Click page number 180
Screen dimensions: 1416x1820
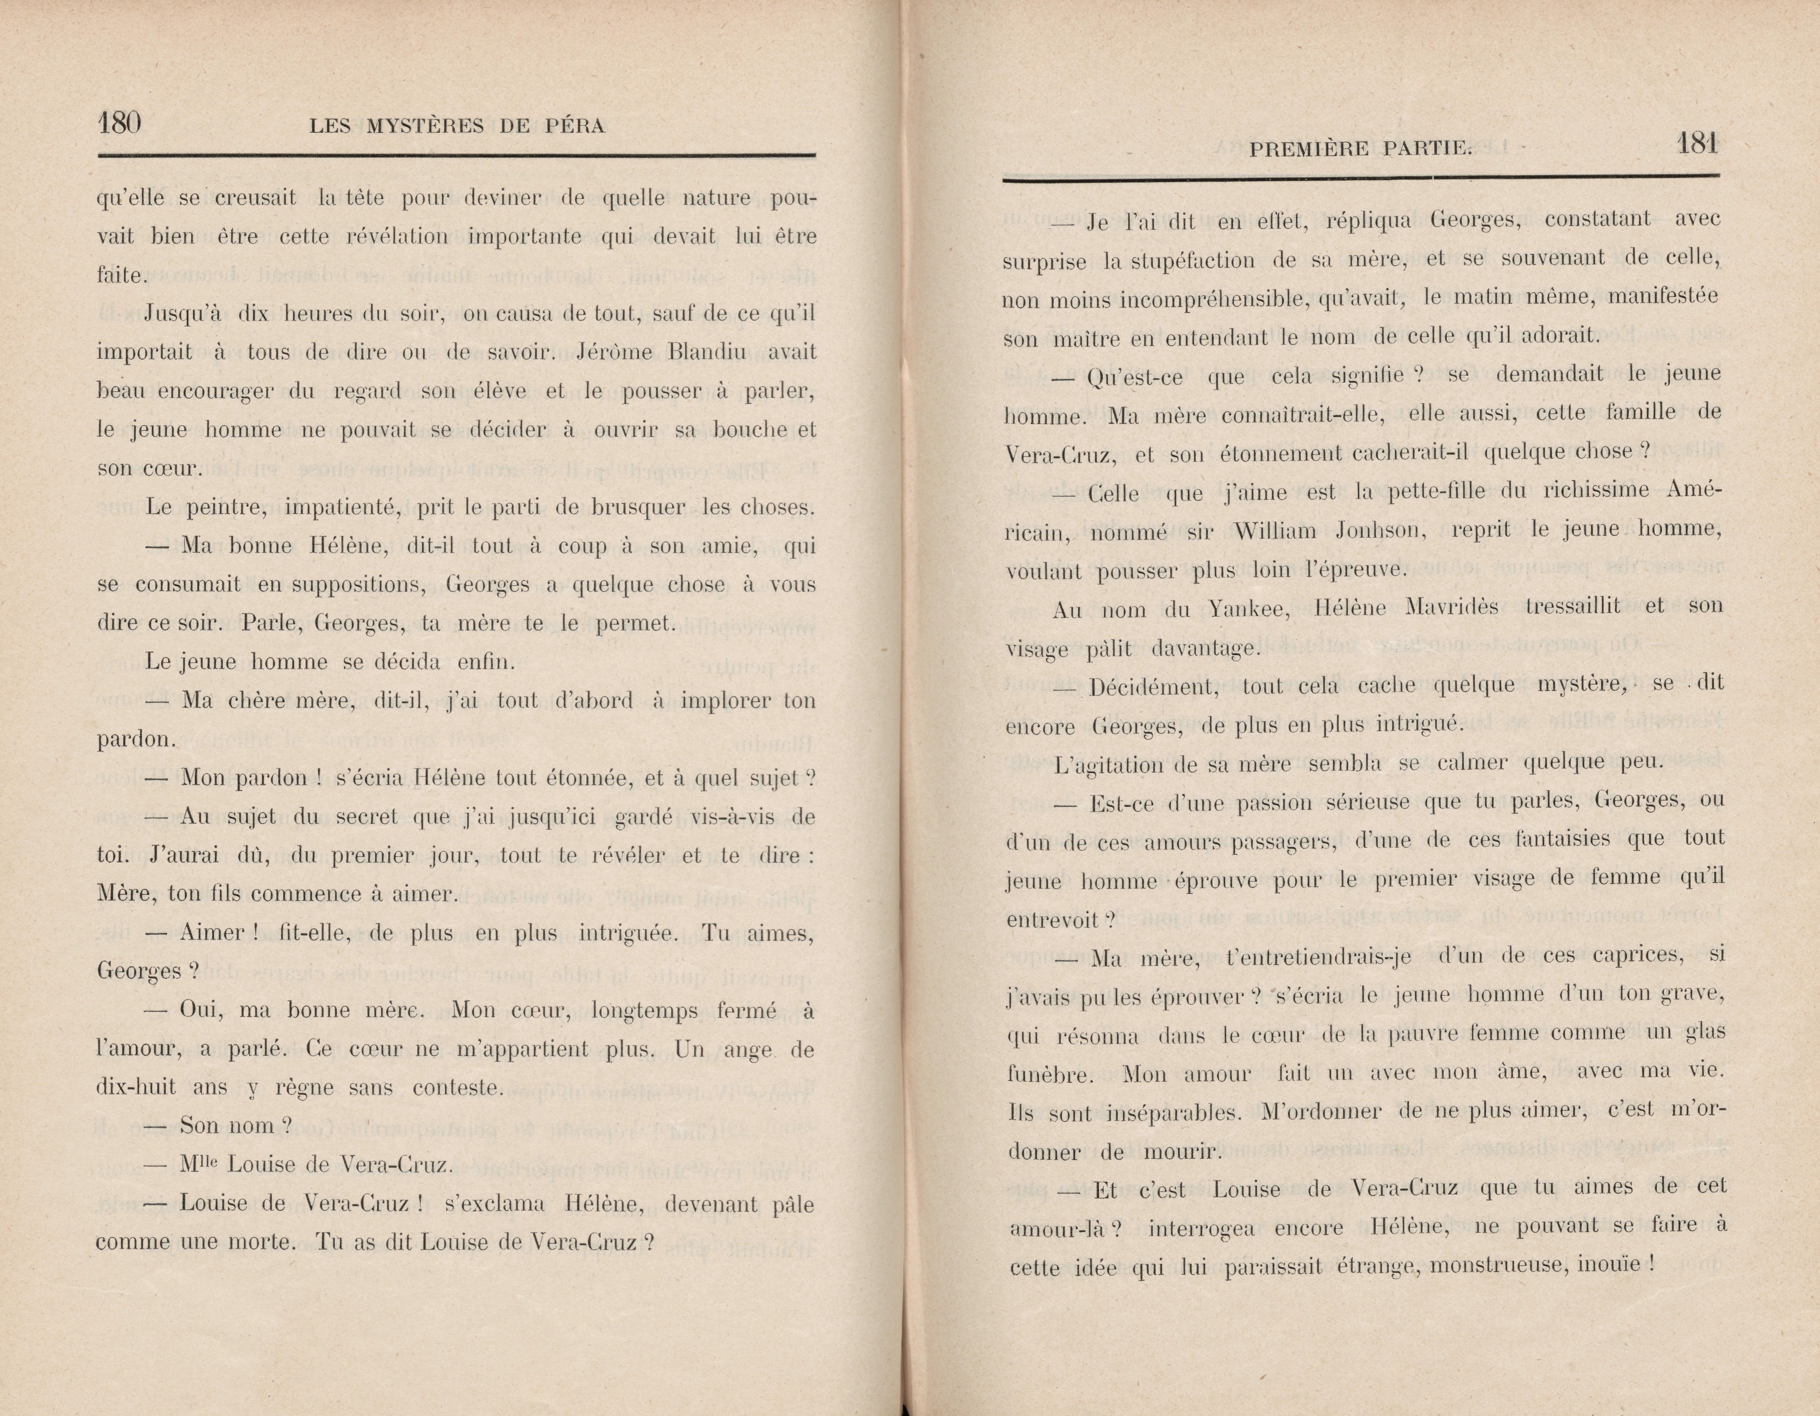(x=119, y=123)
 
